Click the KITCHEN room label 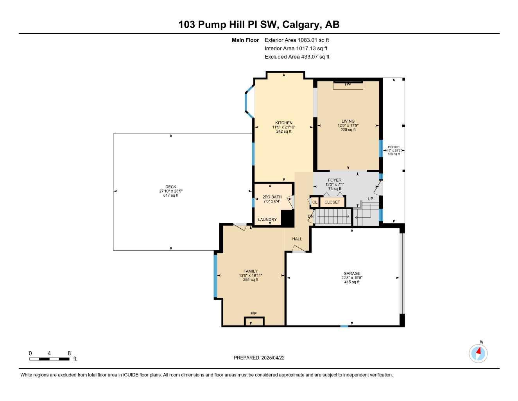(x=283, y=123)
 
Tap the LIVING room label (x=348, y=121)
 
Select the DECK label (x=170, y=187)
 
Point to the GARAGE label (x=352, y=273)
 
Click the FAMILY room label (x=251, y=271)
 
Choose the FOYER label (x=335, y=180)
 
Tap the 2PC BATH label (x=272, y=197)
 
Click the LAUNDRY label (x=267, y=220)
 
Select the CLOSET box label (x=332, y=202)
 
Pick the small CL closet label (x=315, y=202)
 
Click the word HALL (x=297, y=239)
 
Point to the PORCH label (x=394, y=147)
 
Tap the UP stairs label (x=370, y=199)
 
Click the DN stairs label (x=311, y=216)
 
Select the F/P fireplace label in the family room (x=253, y=313)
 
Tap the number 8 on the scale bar (x=69, y=353)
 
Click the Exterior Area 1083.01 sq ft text (x=297, y=40)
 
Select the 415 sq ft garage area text (x=352, y=282)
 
